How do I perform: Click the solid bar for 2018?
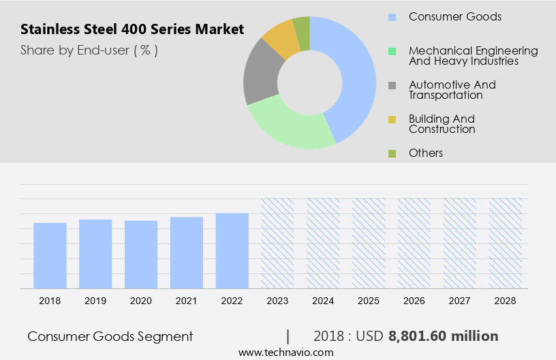tap(50, 256)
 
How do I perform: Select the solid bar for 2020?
tap(141, 254)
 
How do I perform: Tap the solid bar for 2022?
tap(232, 251)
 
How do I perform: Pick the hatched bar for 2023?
tap(277, 243)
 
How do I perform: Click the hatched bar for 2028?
tap(506, 243)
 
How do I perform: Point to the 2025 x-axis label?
tap(369, 301)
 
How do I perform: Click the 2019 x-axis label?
tap(95, 301)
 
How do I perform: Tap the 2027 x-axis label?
tap(460, 301)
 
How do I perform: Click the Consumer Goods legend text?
tap(454, 16)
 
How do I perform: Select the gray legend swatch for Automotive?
tap(392, 85)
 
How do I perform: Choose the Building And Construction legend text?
tap(442, 124)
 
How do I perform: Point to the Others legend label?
tap(425, 153)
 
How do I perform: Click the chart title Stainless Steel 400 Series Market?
tap(132, 30)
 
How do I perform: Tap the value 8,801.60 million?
tap(443, 336)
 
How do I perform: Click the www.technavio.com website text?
tap(285, 352)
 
